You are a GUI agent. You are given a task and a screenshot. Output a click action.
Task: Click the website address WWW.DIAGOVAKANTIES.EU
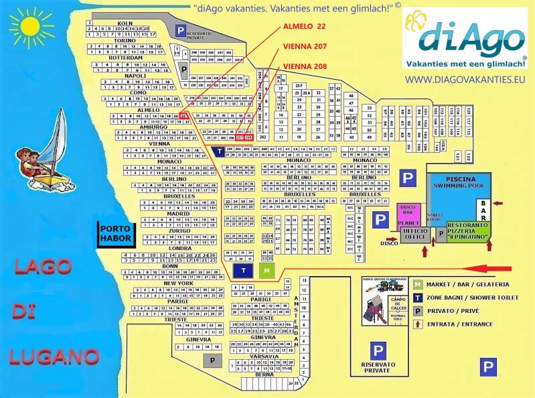[x=463, y=79]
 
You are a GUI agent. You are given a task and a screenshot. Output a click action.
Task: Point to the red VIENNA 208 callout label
[x=305, y=66]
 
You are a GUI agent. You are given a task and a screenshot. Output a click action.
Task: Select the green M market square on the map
[x=267, y=270]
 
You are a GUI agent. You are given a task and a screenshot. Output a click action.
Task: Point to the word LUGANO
[x=55, y=356]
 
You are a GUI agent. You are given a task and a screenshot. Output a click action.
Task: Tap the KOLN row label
[x=125, y=23]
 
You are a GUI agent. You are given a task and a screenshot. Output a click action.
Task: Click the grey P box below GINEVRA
[x=212, y=360]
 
